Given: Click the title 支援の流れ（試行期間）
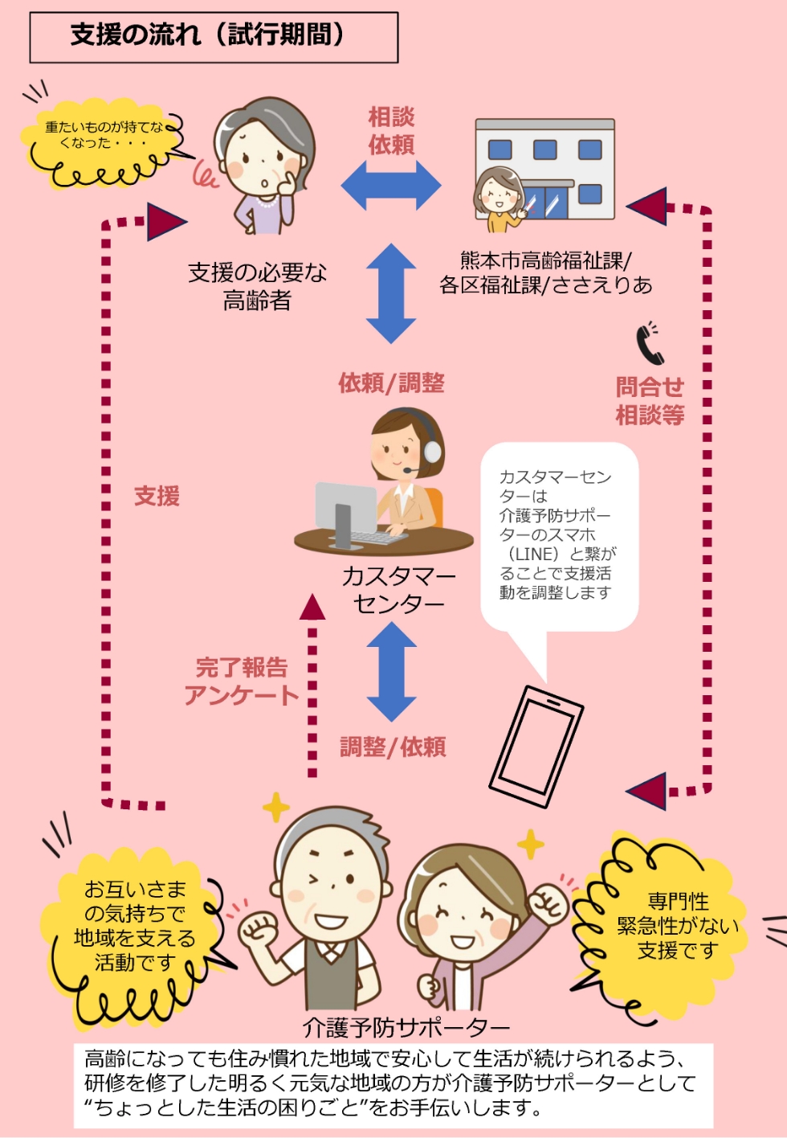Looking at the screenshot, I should coord(207,35).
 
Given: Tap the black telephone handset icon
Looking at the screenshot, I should coord(649,344).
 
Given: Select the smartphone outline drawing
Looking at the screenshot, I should coord(536,746).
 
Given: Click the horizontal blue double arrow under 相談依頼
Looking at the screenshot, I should coord(391,185).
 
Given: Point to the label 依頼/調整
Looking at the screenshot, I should coord(391,383).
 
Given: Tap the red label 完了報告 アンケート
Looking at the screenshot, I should coord(241,681).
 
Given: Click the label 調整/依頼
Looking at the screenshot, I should coord(393,747).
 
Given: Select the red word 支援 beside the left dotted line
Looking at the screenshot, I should coord(157,496).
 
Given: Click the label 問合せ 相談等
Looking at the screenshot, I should coord(650,401).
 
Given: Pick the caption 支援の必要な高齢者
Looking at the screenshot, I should coord(257,287).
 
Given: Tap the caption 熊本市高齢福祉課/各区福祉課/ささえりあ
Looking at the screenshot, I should coord(545,272).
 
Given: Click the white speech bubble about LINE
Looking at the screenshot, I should coord(558,535).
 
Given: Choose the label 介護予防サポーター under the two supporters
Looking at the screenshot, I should coord(406,1027).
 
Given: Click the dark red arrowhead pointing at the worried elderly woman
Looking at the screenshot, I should coord(166,222).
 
